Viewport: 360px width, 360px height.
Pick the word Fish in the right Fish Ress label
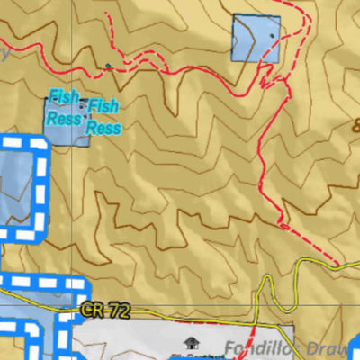(103, 108)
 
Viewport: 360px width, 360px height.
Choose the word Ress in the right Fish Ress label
(103, 128)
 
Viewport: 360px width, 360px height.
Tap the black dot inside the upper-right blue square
(270, 25)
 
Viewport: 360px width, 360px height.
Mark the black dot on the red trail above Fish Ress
(108, 66)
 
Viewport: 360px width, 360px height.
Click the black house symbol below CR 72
(190, 342)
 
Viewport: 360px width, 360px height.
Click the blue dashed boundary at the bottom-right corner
(355, 346)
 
